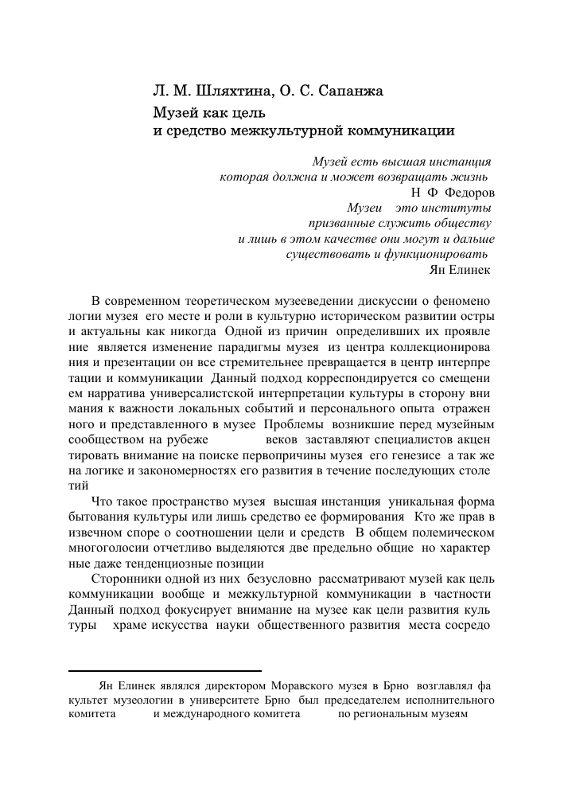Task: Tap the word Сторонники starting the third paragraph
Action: pyautogui.click(x=129, y=580)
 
